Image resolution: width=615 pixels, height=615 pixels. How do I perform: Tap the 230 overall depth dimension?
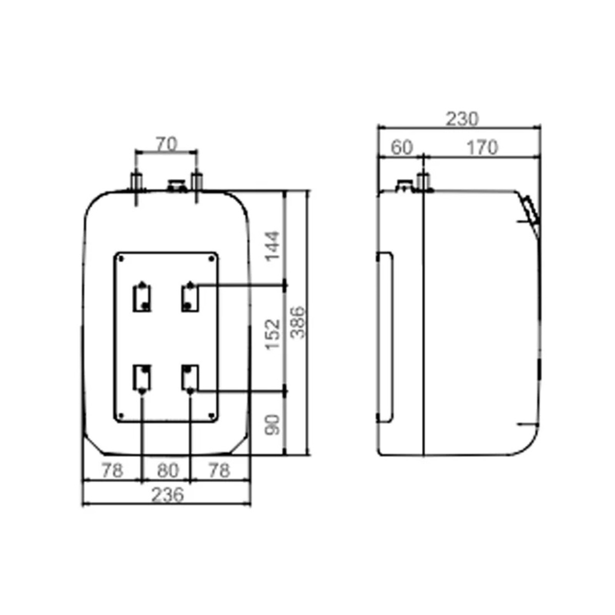coord(462,119)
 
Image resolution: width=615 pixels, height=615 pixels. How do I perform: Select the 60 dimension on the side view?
coord(402,148)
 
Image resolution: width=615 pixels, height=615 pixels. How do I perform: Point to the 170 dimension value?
coord(482,148)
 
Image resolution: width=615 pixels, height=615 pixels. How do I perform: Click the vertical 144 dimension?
coord(273,246)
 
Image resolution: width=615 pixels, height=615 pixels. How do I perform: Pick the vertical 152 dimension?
coord(273,334)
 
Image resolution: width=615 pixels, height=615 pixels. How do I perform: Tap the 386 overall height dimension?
coord(299,322)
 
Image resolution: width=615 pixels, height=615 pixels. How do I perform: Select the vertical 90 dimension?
coord(273,425)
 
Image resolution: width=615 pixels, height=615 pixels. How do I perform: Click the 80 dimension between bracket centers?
coord(168,470)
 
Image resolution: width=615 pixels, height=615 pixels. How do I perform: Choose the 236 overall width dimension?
coord(168,495)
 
